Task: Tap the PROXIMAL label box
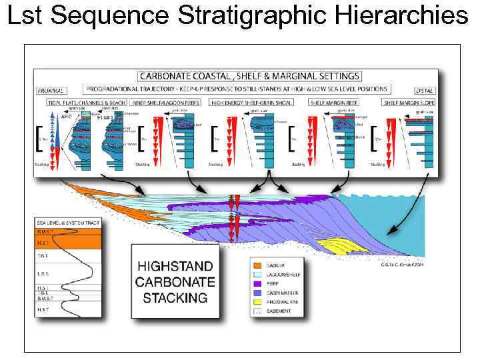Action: click(51, 91)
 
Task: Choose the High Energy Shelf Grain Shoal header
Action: click(253, 102)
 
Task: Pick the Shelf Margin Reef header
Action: click(334, 102)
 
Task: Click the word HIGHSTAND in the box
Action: click(175, 265)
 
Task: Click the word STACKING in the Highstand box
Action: click(175, 297)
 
